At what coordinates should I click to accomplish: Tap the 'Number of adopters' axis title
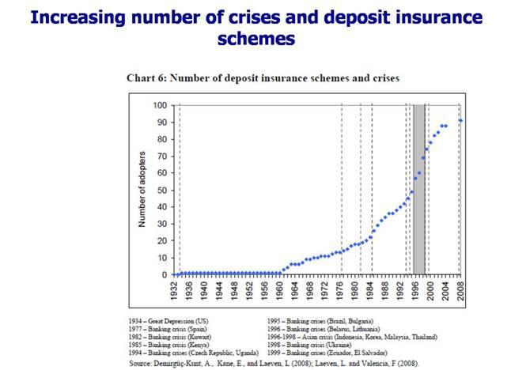pos(144,190)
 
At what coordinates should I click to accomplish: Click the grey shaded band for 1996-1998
pos(419,190)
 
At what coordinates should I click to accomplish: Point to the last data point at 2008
pos(461,120)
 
